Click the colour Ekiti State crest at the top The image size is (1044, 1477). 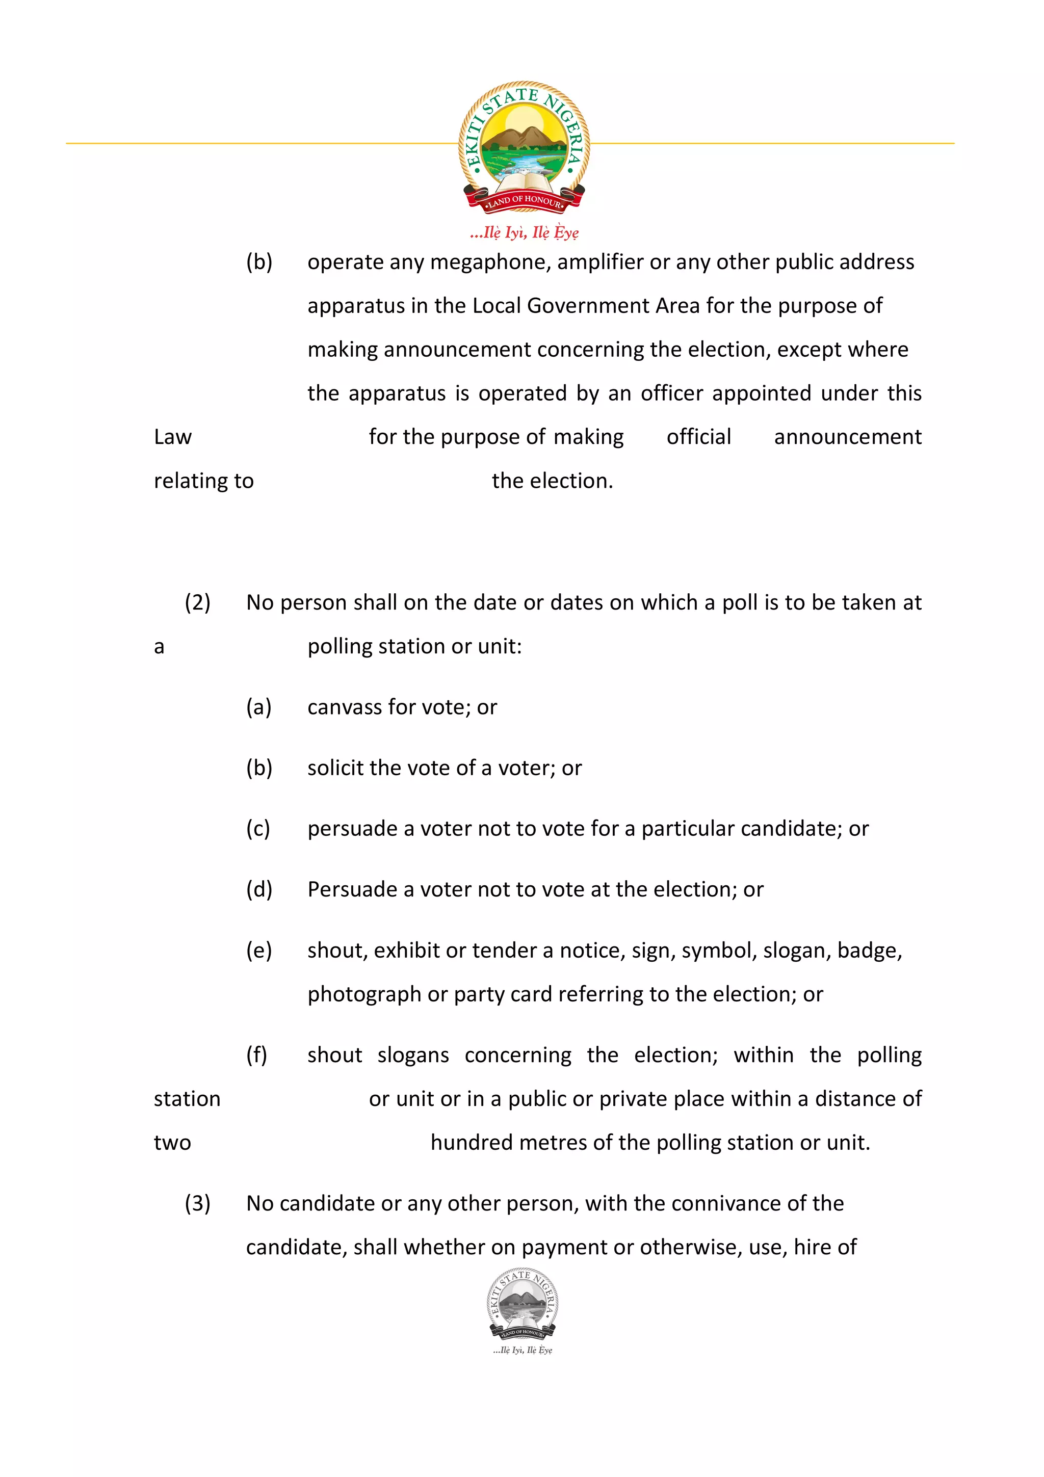click(x=524, y=147)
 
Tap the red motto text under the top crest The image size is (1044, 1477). click(x=524, y=232)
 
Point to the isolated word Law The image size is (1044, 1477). click(x=172, y=437)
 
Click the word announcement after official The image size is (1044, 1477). click(x=847, y=437)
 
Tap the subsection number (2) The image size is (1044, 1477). click(x=197, y=603)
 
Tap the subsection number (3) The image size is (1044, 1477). click(x=197, y=1204)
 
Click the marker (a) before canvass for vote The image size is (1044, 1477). click(x=258, y=707)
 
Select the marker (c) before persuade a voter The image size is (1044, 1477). click(x=258, y=829)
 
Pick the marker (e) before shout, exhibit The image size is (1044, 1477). click(x=258, y=951)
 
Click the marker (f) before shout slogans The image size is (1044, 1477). click(x=256, y=1055)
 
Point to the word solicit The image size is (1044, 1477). click(x=335, y=768)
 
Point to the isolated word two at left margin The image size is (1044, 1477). click(x=172, y=1143)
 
